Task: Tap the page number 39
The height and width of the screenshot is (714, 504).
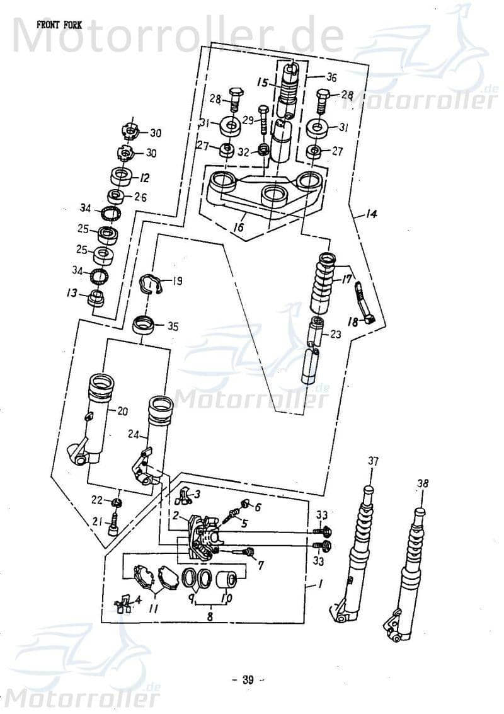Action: coord(248,679)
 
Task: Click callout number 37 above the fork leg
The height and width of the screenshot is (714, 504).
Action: coord(373,462)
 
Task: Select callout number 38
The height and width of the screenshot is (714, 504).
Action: coord(422,483)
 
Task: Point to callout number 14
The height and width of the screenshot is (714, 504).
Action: coord(370,215)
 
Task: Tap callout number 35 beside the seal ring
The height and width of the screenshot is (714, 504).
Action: coord(173,326)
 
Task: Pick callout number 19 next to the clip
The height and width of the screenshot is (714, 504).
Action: coord(177,281)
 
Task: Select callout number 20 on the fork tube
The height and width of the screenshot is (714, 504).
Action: coord(122,412)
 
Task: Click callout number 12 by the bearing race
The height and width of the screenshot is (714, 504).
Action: coord(144,178)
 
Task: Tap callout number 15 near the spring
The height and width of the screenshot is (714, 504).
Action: coord(262,82)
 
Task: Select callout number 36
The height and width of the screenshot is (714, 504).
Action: coord(331,78)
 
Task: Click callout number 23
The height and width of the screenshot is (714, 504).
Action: coord(335,335)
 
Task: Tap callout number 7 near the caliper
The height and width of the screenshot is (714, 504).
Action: coord(261,566)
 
